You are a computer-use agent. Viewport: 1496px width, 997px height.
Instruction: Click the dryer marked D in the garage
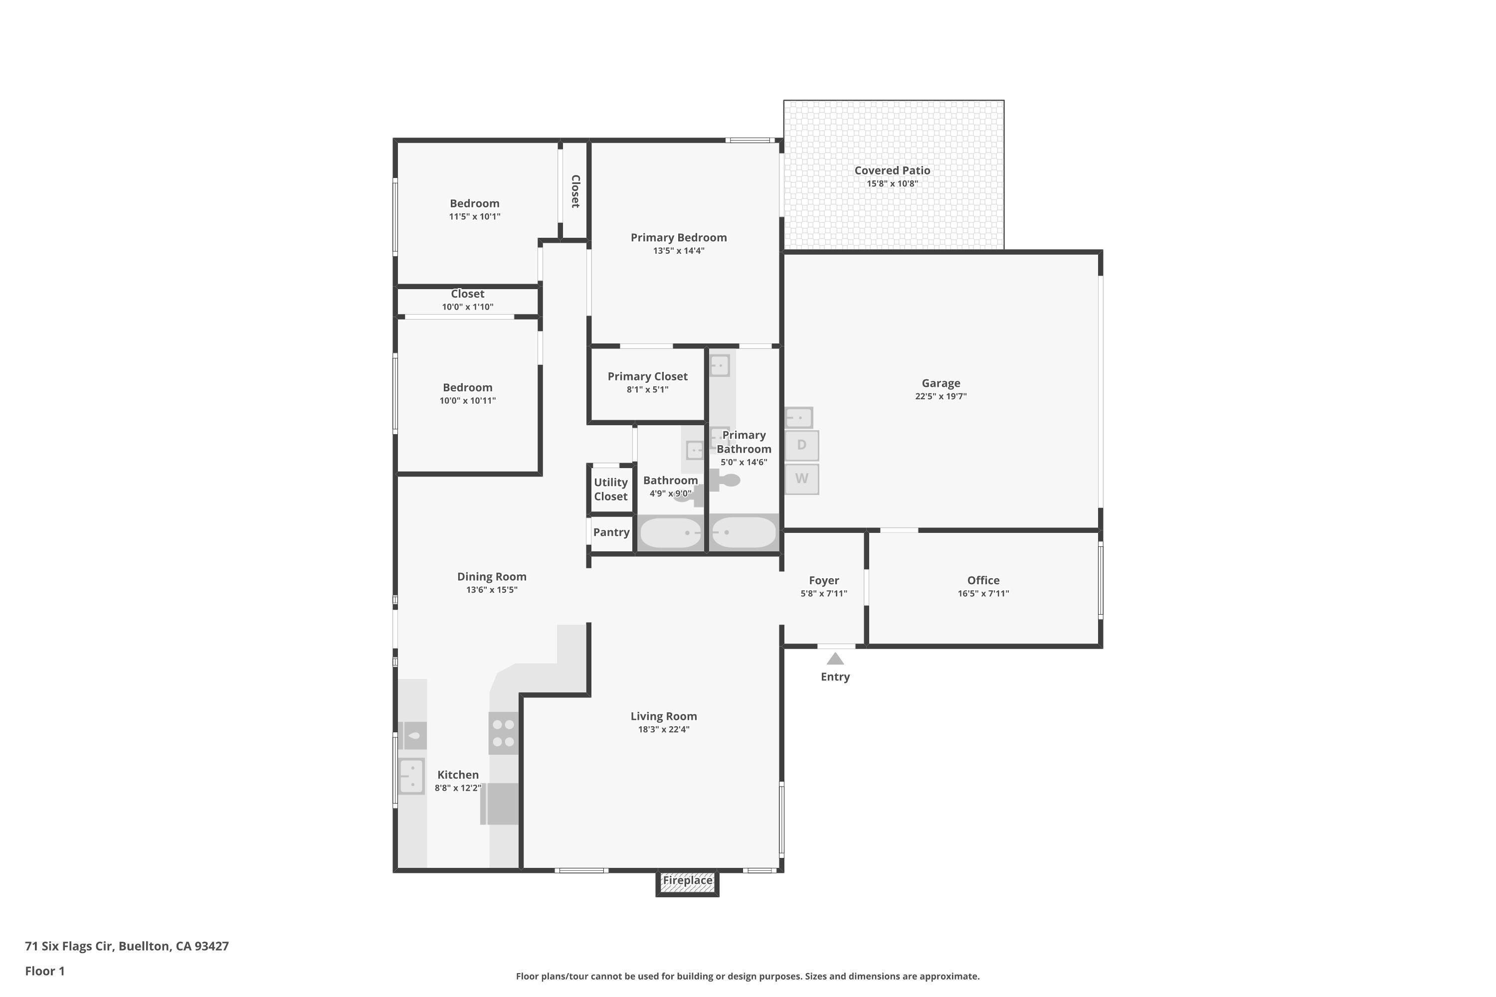tap(801, 445)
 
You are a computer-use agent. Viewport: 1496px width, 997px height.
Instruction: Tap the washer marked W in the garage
tap(801, 479)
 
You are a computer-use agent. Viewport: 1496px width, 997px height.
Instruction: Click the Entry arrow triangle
tap(835, 659)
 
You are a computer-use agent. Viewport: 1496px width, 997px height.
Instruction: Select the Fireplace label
tap(688, 880)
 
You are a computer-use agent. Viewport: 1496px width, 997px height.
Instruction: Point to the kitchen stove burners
tap(503, 732)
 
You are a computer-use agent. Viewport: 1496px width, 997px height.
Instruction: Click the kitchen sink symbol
tap(411, 776)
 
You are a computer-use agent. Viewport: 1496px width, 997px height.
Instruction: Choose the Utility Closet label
tap(610, 490)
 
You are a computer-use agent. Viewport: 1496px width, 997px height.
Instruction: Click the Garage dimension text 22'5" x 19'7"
tap(940, 396)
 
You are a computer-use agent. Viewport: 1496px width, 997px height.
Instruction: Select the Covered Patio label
tap(893, 170)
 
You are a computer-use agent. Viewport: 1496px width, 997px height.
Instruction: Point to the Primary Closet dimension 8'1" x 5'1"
tap(647, 390)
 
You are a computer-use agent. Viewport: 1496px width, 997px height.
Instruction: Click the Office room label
tap(983, 581)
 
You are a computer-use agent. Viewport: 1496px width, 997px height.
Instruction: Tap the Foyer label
tap(824, 581)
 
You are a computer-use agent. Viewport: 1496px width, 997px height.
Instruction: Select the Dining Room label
tap(492, 577)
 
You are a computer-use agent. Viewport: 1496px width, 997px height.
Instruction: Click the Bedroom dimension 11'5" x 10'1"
tap(475, 217)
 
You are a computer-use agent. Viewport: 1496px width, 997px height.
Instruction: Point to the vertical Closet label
tap(575, 191)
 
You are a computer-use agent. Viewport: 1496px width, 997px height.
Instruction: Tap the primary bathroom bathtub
tap(744, 532)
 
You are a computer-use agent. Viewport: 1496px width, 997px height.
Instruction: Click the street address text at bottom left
tap(127, 946)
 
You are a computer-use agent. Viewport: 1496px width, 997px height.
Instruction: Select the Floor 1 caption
tap(44, 971)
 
